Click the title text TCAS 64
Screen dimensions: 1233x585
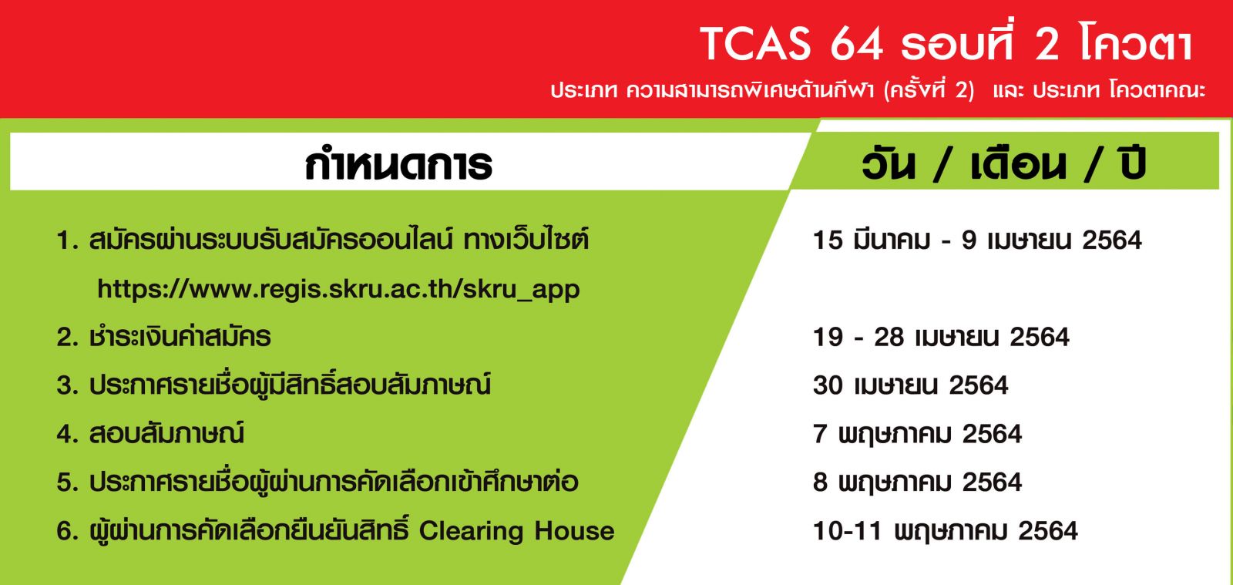pos(791,44)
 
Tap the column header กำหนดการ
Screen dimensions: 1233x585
pos(398,164)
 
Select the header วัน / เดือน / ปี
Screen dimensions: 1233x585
pos(1003,163)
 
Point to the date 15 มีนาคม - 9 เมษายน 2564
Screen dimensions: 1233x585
pos(977,240)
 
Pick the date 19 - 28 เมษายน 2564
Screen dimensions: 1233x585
pos(941,337)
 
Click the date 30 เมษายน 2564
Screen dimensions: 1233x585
pos(910,385)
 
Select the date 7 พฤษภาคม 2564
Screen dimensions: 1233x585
pos(917,434)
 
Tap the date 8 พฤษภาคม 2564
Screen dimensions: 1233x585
pos(917,482)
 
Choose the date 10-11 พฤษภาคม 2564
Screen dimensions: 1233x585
pos(945,531)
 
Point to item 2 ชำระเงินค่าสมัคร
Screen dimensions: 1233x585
pos(163,336)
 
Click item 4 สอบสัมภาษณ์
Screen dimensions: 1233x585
pos(150,433)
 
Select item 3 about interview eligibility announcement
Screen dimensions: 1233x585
pos(274,385)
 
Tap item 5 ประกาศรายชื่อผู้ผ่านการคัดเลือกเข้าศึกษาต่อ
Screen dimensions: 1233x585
pos(317,482)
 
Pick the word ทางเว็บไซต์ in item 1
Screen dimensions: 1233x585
pos(526,239)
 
